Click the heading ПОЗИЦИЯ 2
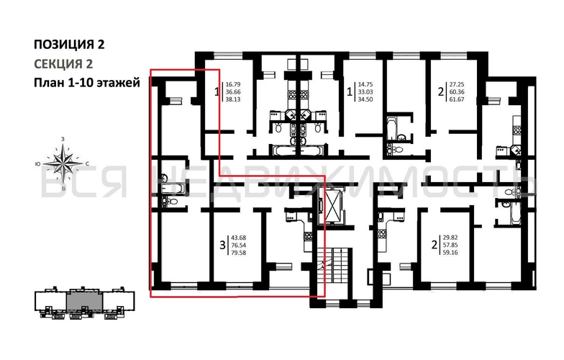point(69,45)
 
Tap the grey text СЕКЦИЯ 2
point(63,63)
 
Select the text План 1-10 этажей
point(86,83)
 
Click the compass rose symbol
point(63,163)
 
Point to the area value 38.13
point(233,99)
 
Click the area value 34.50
point(365,99)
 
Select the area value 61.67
point(458,99)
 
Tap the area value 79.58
point(239,253)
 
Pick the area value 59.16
point(450,253)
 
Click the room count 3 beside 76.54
point(223,246)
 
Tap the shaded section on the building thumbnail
point(85,302)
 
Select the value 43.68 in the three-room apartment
point(239,238)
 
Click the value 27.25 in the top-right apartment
point(458,85)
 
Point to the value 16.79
point(233,85)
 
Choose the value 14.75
point(365,85)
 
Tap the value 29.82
point(450,238)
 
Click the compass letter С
point(88,164)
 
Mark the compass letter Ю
point(37,164)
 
